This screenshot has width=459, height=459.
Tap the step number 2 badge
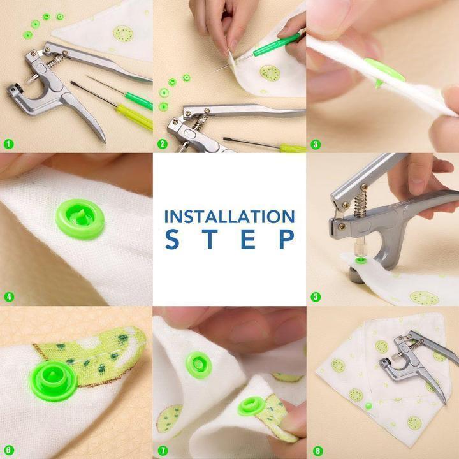click(162, 144)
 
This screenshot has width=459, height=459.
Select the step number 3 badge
click(315, 144)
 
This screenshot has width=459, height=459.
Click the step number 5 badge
click(315, 296)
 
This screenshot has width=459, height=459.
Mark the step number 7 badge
click(162, 450)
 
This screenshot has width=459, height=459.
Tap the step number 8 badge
click(315, 450)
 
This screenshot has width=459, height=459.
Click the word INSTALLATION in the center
click(229, 216)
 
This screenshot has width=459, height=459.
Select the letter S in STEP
click(171, 239)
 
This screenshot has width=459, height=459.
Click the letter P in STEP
click(287, 239)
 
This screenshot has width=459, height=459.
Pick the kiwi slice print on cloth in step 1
click(123, 34)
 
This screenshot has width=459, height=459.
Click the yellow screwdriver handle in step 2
click(293, 148)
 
